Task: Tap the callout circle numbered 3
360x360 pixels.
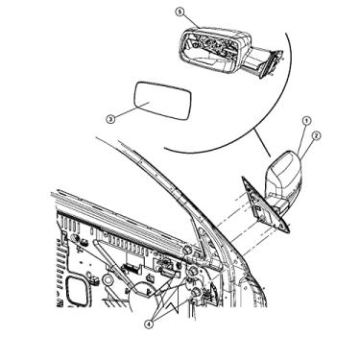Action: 109,119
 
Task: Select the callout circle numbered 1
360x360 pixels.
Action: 306,121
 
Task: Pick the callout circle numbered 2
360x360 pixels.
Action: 315,135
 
